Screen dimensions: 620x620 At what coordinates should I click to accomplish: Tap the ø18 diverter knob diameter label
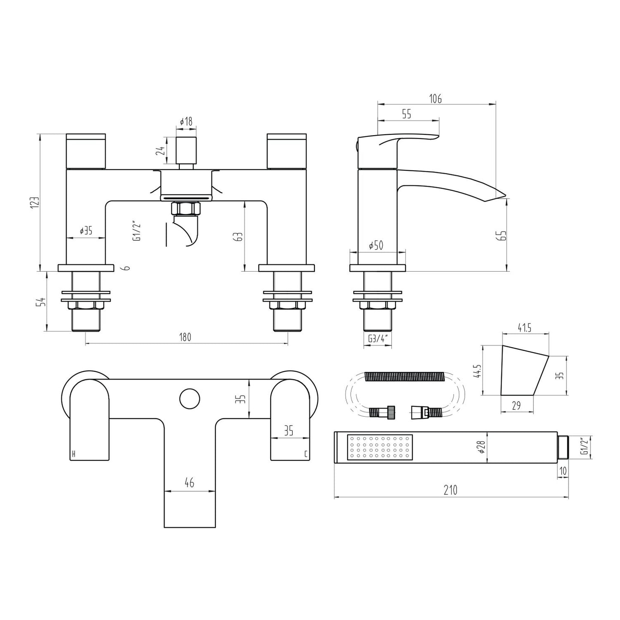[185, 122]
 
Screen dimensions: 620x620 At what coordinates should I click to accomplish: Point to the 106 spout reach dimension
[435, 99]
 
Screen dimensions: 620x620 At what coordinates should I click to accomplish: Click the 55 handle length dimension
[406, 114]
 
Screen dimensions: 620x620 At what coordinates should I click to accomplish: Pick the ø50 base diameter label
[376, 245]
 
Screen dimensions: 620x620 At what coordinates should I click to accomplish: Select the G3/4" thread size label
[378, 339]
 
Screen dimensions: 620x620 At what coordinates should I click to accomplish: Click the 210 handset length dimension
[451, 490]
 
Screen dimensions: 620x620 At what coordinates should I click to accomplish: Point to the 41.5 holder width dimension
[524, 328]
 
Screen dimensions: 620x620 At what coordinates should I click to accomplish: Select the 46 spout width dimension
[189, 483]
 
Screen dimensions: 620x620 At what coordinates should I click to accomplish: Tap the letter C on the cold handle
[305, 454]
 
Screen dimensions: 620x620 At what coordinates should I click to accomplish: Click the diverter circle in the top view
[189, 399]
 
